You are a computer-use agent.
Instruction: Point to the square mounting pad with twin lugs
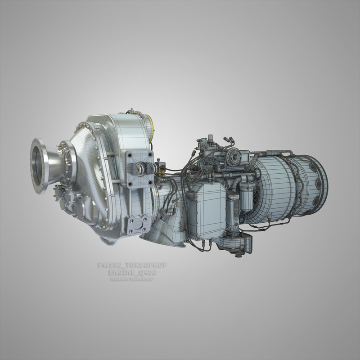(x=137, y=169)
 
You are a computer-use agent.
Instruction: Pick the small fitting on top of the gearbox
(x=131, y=111)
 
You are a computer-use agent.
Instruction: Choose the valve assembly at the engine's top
(x=206, y=144)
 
